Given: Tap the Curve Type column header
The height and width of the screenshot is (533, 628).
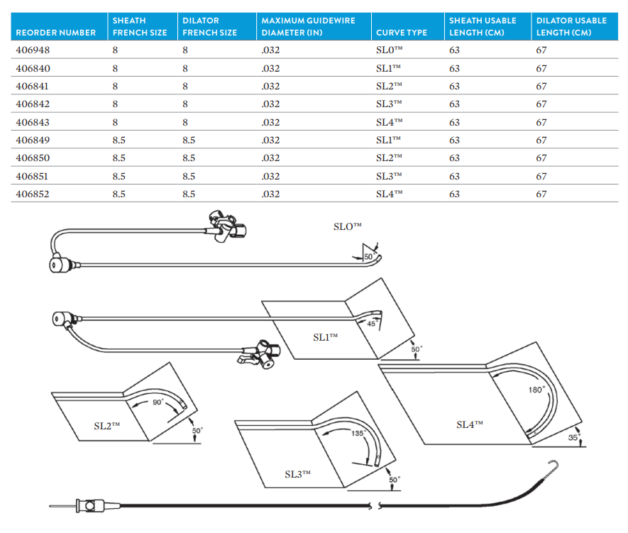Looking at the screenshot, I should (402, 33).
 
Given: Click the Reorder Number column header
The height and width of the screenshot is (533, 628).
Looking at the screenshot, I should (55, 33).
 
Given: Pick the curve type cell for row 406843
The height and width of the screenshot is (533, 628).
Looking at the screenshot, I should (389, 122).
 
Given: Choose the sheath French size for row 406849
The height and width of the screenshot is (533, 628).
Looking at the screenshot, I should (119, 140).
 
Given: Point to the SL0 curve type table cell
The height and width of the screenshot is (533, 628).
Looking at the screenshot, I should (389, 50).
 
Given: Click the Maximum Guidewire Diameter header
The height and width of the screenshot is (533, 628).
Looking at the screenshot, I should (308, 26).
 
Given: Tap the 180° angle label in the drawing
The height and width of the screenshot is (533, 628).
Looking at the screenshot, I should (536, 390).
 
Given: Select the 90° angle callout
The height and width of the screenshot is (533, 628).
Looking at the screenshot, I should (158, 402).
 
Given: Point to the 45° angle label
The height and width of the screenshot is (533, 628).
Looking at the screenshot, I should (371, 324).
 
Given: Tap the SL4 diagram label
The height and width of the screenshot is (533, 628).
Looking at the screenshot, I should (469, 424).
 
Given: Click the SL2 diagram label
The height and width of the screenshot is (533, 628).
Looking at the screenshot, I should (107, 426).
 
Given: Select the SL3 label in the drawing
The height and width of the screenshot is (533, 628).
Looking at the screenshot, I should (298, 474).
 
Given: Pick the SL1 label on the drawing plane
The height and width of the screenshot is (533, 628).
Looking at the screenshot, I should (326, 338).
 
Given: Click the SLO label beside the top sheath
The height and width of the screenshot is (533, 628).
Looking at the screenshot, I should (348, 226).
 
